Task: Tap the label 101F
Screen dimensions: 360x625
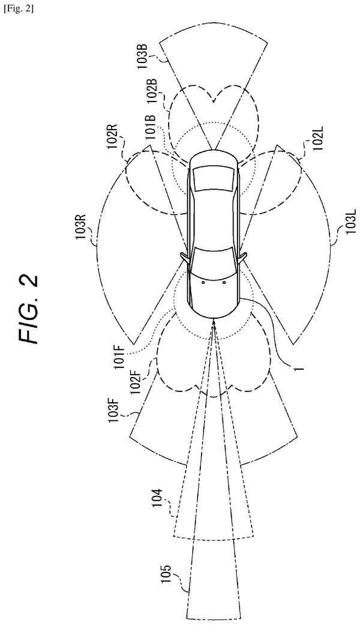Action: click(x=121, y=356)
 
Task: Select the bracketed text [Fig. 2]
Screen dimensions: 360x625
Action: click(x=19, y=9)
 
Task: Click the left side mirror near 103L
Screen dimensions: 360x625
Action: click(x=242, y=256)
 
